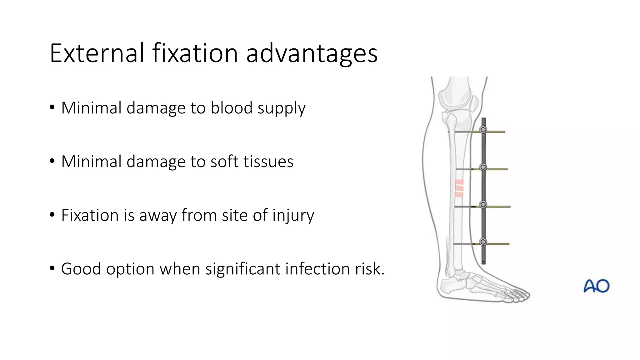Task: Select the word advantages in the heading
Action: [x=312, y=54]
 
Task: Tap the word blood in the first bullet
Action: [x=231, y=108]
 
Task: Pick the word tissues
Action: [x=268, y=162]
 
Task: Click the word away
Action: [x=158, y=216]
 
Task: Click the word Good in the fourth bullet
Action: [x=81, y=269]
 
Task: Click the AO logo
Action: [x=596, y=286]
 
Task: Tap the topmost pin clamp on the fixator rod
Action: [x=483, y=130]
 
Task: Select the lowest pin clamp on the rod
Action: [x=483, y=242]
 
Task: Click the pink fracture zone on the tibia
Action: [x=459, y=188]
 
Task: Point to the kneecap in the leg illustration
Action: [x=474, y=104]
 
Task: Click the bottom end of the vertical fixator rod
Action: [x=484, y=262]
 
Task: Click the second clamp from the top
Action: [x=483, y=167]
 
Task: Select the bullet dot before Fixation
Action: [x=52, y=215]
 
